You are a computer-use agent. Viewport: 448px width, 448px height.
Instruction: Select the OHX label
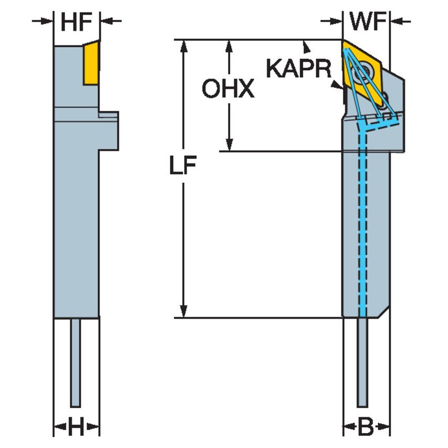tap(228, 90)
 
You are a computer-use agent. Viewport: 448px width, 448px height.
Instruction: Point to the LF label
tap(182, 166)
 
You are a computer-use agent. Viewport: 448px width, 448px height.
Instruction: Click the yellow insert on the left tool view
tap(91, 63)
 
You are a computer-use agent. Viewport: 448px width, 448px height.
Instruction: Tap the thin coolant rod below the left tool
tap(76, 362)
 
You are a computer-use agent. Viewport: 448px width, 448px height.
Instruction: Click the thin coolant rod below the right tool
tap(361, 362)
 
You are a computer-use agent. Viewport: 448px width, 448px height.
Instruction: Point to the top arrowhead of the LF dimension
tap(183, 45)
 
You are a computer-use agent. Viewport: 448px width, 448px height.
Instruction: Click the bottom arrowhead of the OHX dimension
tap(229, 145)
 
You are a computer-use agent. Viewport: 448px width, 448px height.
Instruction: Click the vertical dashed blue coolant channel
tap(361, 220)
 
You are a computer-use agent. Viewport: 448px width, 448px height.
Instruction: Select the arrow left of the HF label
tap(43, 21)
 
